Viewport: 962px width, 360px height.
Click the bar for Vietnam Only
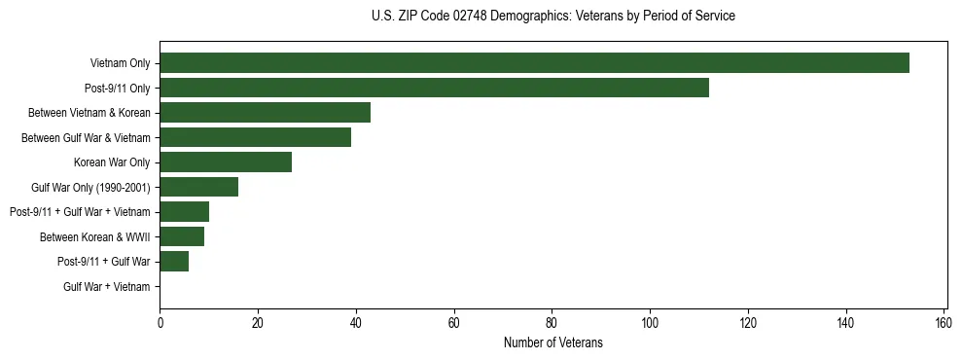tap(534, 63)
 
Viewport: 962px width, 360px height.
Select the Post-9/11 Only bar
tap(434, 88)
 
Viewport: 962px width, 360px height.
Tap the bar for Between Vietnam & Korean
tap(265, 113)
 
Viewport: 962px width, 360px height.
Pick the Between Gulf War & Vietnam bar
tap(255, 137)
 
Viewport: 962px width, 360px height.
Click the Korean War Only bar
tap(226, 162)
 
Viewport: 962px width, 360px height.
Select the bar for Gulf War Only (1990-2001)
tap(198, 187)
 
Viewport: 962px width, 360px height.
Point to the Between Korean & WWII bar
tap(182, 236)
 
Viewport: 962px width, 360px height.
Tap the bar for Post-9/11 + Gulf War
tap(174, 262)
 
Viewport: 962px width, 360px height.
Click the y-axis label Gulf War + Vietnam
tap(107, 287)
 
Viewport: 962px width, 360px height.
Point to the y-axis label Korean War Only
tap(112, 162)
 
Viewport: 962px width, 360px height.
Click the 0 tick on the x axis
tap(160, 323)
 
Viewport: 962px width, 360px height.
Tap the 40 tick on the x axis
tap(356, 323)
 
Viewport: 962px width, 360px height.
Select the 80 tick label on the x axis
tap(552, 323)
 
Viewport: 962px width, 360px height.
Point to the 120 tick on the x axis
tap(748, 323)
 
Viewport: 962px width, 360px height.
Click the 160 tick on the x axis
tap(944, 323)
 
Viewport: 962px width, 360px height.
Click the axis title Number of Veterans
tap(552, 342)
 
